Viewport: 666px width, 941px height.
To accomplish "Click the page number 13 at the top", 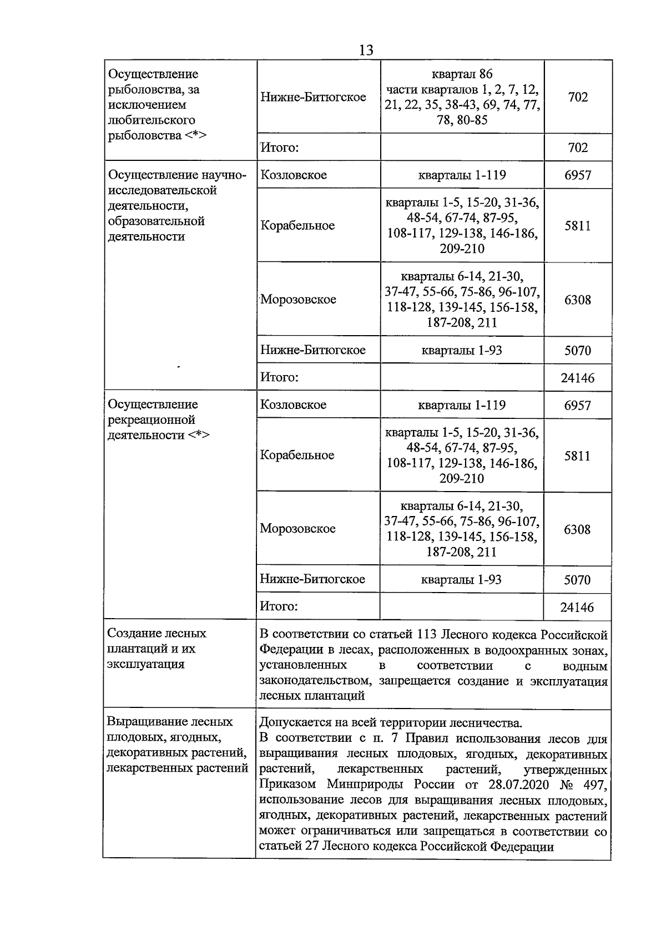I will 366,50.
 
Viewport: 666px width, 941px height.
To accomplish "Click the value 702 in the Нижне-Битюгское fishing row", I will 578,97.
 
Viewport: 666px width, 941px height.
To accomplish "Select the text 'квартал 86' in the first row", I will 462,74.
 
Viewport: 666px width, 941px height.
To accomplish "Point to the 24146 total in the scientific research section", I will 577,378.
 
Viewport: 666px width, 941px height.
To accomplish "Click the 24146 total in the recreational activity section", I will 577,608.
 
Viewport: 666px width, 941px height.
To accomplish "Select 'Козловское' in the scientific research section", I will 294,175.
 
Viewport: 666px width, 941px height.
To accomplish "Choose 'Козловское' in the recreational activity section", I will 294,405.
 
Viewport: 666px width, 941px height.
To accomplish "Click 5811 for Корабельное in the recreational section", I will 577,456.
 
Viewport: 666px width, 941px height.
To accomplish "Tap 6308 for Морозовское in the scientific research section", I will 577,300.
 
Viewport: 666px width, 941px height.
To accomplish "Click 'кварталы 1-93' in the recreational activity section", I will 461,580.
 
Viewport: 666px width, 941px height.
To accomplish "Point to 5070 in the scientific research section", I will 577,351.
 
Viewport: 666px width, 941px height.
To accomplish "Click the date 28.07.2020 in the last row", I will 517,785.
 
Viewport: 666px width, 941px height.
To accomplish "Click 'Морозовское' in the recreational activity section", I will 298,529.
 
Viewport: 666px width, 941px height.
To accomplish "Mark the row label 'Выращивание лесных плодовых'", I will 169,722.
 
